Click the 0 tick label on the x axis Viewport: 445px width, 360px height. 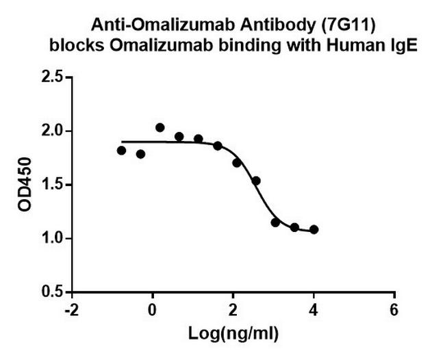coord(152,309)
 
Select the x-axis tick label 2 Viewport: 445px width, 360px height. coord(233,309)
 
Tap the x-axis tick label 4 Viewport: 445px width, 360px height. coord(314,309)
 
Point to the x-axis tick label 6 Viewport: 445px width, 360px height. coord(394,309)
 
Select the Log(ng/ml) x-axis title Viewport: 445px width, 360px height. coord(233,335)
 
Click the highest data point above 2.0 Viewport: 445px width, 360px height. coord(160,127)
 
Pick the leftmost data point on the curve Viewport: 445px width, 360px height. coord(122,151)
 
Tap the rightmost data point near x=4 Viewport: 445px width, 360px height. coord(314,230)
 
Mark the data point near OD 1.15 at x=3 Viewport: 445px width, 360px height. coord(275,222)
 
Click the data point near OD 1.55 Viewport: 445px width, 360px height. coord(256,181)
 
